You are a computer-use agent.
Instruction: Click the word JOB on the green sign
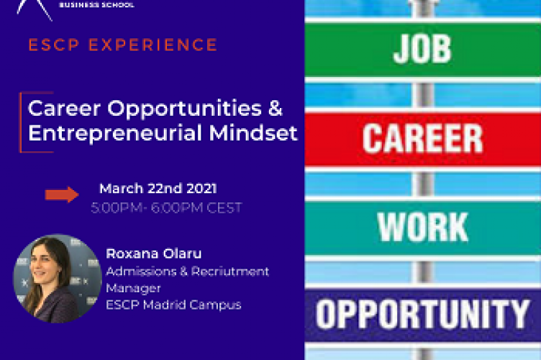[x=422, y=49]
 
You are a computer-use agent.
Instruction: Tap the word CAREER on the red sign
[x=422, y=139]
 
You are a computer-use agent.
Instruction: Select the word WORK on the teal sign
[x=422, y=226]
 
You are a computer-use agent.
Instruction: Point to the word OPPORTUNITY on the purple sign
[x=423, y=314]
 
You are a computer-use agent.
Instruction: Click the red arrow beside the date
[x=62, y=194]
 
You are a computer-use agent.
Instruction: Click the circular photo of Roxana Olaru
[x=57, y=278]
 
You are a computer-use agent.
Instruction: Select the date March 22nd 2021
[x=158, y=189]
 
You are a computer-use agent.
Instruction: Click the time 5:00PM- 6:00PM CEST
[x=166, y=208]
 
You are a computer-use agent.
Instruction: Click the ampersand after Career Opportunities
[x=275, y=109]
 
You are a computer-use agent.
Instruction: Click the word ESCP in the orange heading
[x=49, y=45]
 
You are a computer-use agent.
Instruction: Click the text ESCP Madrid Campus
[x=173, y=305]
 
